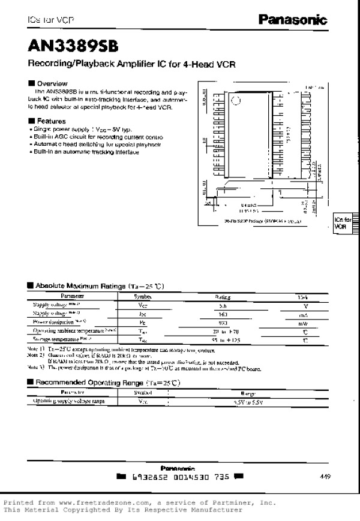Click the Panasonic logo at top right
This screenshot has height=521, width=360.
click(293, 20)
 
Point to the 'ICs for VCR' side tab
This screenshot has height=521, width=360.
click(341, 224)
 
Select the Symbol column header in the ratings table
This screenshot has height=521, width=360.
click(143, 296)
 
